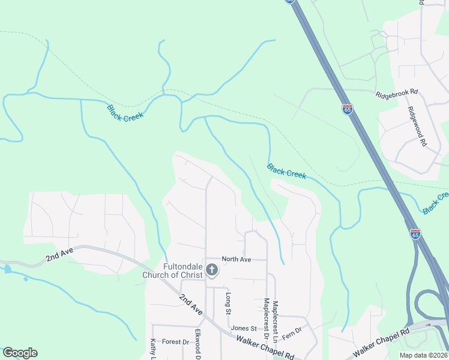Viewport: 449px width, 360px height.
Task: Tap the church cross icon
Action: (211, 271)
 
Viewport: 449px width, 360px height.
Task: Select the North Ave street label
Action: (236, 259)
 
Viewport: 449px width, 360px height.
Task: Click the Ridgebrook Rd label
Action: (396, 94)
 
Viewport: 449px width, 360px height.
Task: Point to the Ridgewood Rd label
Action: (416, 127)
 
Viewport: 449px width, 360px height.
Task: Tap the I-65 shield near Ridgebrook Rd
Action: (348, 109)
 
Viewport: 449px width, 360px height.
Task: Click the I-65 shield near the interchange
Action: (415, 234)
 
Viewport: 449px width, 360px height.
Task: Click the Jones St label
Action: (244, 328)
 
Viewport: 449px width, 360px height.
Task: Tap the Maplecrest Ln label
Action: (275, 322)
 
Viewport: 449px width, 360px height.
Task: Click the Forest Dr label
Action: (175, 342)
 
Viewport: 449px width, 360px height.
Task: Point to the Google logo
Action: (20, 353)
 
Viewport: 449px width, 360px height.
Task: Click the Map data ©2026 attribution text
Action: (423, 355)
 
